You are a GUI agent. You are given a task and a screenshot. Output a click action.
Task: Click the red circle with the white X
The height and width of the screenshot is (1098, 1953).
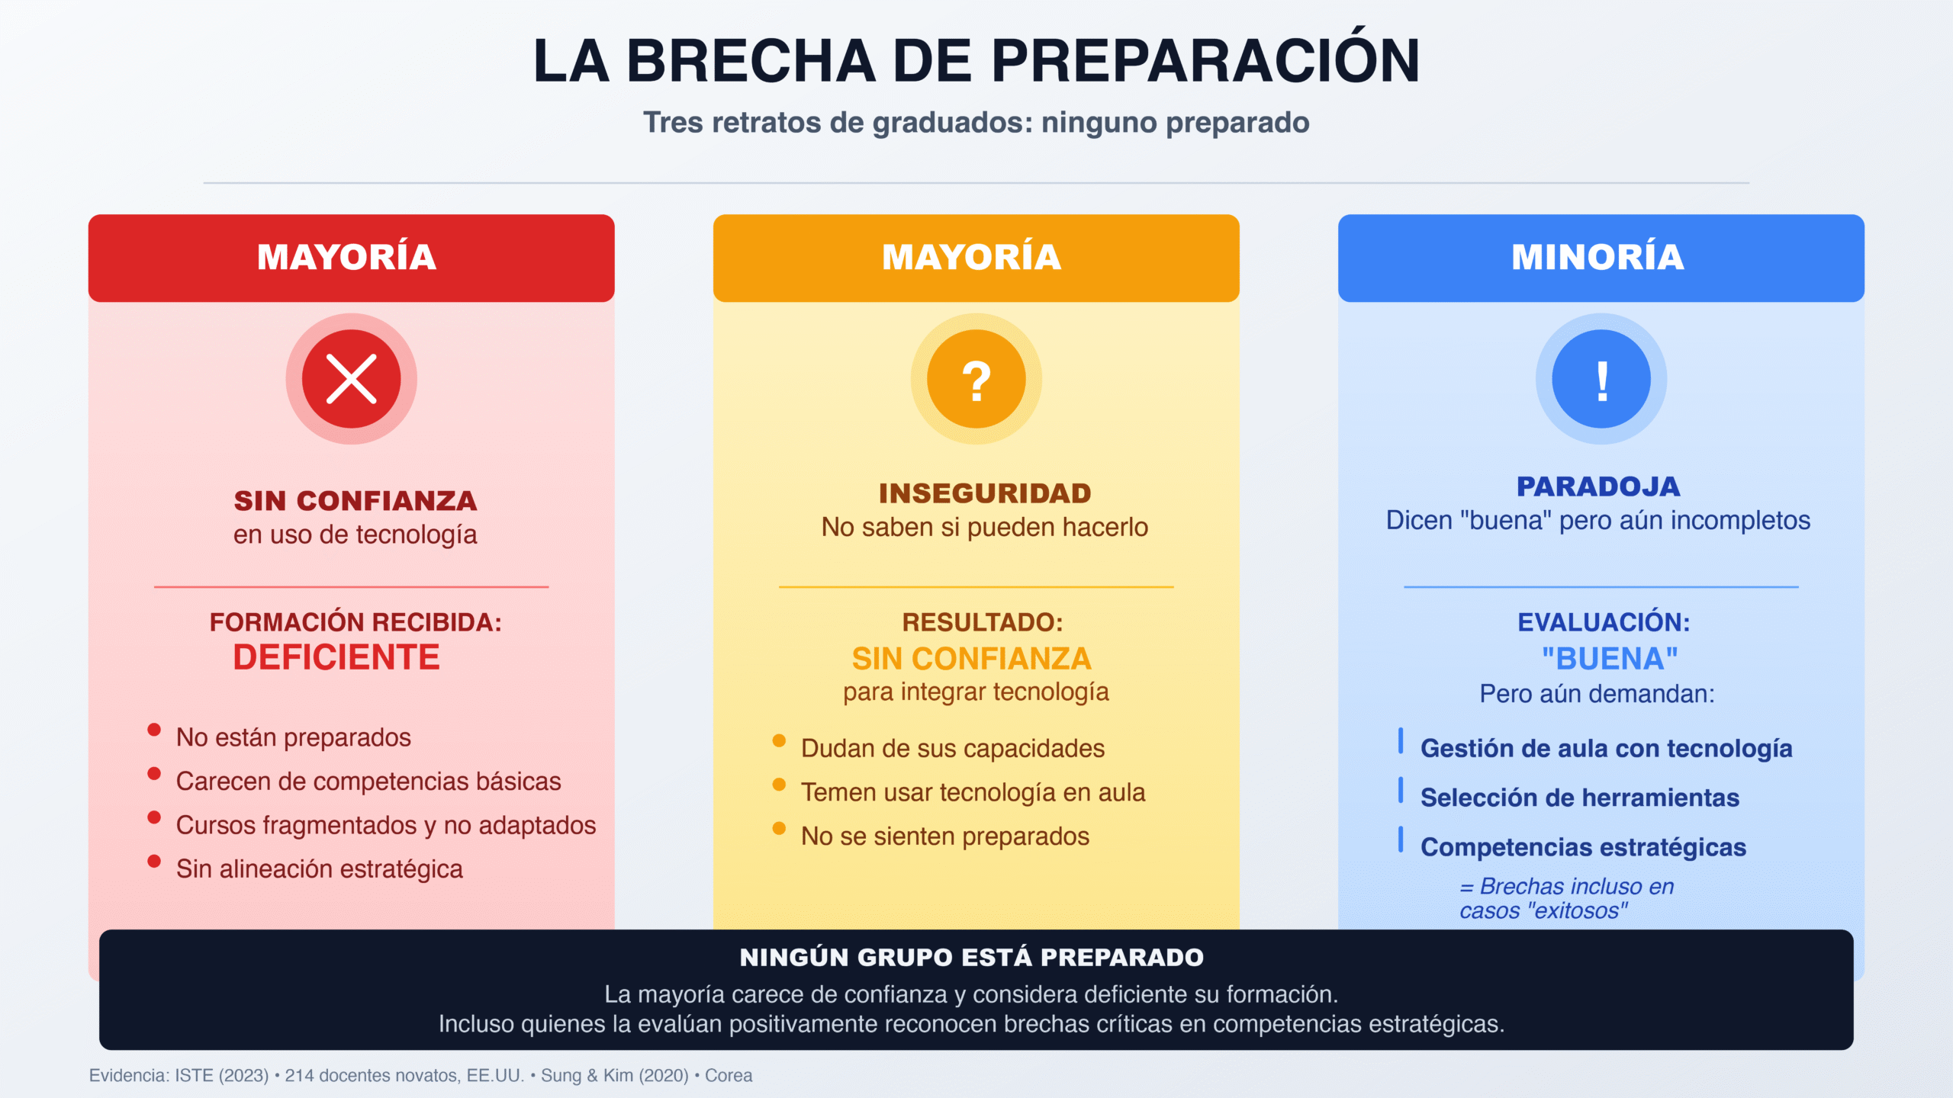point(351,379)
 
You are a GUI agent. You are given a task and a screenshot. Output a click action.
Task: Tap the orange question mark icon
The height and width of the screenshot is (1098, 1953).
point(976,379)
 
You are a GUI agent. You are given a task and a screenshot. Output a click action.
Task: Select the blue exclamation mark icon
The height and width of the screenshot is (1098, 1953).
point(1601,379)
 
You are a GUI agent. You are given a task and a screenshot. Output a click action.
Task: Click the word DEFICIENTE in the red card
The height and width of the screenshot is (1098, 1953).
point(336,657)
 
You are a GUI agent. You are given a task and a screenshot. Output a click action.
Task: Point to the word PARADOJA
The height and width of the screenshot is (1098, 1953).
point(1598,486)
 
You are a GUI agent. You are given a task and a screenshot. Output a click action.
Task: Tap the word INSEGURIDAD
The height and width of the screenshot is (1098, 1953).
point(985,493)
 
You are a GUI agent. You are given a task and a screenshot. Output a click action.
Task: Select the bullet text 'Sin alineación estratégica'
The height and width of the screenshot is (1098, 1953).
point(320,868)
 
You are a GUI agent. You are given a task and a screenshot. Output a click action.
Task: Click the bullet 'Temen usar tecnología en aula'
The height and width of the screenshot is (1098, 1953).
point(973,792)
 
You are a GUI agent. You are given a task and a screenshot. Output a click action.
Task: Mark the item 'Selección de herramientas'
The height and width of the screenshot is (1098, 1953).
point(1580,798)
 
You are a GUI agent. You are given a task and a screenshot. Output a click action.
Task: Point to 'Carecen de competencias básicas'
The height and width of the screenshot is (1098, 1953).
point(368,781)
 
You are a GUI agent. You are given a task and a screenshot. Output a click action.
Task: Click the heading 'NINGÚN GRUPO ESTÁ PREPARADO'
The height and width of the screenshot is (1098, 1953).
point(972,957)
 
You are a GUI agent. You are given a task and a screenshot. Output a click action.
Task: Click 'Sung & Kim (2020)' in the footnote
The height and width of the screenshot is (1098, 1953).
point(615,1075)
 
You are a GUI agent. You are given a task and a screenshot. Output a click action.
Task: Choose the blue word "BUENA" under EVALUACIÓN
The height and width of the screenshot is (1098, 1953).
point(1610,658)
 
